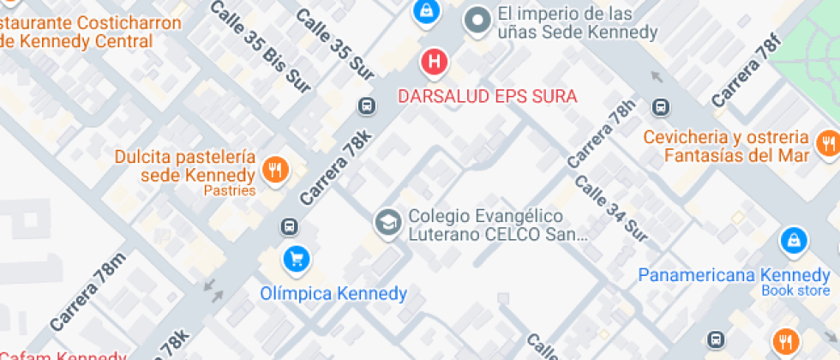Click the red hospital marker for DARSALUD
[x=435, y=62]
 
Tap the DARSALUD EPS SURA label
[x=488, y=96]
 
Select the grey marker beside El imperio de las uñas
[x=477, y=21]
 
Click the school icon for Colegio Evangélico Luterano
[x=387, y=224]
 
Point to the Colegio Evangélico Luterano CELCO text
[x=485, y=225]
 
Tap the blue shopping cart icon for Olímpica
[x=297, y=257]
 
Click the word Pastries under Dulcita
[x=230, y=190]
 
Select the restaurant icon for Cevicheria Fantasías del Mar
[x=827, y=143]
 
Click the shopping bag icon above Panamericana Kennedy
[x=794, y=241]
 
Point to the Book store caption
[x=795, y=291]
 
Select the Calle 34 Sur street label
[x=610, y=207]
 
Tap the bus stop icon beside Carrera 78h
[x=660, y=107]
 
